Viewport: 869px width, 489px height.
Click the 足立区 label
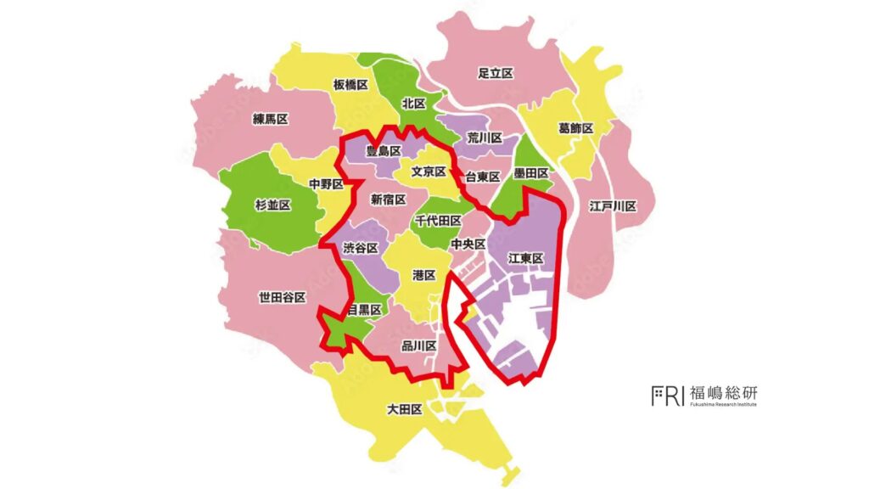pos(496,74)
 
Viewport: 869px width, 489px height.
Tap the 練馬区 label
pos(270,120)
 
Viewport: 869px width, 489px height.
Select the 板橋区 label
pos(350,86)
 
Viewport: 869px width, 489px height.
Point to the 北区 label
pos(413,104)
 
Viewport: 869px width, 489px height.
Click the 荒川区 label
pos(485,138)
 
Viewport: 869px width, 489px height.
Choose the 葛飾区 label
pos(575,128)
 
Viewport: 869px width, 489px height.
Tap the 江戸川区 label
pos(613,206)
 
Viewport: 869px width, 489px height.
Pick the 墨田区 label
pos(532,173)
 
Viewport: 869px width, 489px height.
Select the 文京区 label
pos(429,171)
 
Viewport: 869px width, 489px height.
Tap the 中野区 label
pos(326,183)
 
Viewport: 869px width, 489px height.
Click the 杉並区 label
pos(273,205)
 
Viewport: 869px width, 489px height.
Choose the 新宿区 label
pos(388,200)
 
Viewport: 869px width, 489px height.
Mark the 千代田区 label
pos(438,221)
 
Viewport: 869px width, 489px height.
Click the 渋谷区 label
pos(360,248)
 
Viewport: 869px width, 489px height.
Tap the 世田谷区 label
pos(282,298)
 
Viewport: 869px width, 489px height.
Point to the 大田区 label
pos(404,410)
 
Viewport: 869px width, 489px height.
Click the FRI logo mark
pos(667,396)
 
